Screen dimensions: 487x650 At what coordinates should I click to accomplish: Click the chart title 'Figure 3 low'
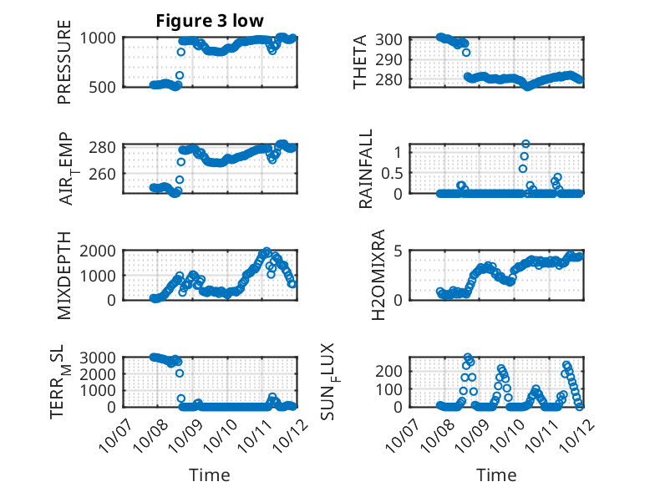tap(210, 21)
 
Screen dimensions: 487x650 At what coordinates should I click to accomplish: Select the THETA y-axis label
tap(361, 62)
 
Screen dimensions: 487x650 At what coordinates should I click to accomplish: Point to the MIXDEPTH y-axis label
tap(65, 276)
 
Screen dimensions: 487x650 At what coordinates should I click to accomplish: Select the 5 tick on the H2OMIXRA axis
tap(400, 251)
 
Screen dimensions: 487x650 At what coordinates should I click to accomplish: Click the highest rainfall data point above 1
tap(526, 144)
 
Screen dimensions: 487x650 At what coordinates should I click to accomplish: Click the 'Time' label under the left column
tap(210, 475)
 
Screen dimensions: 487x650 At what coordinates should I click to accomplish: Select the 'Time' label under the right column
tap(496, 475)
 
